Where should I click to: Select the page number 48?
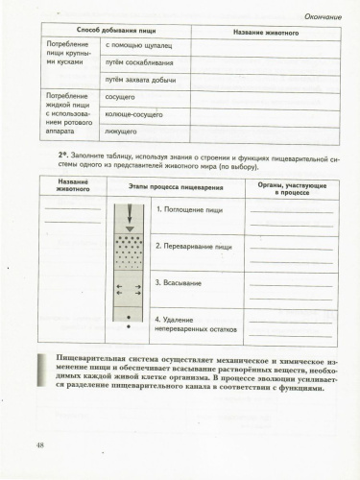pos(40,444)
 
